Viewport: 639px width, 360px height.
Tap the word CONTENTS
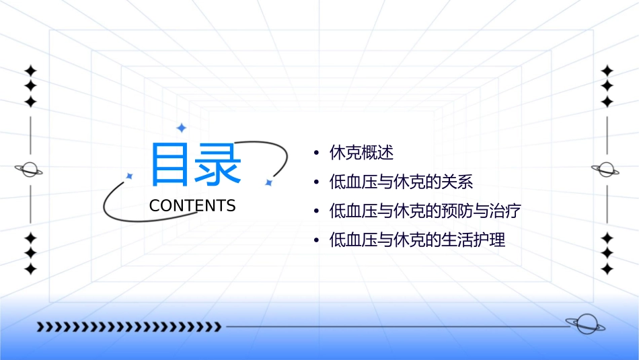tap(192, 206)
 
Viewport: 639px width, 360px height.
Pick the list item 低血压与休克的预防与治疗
tap(425, 211)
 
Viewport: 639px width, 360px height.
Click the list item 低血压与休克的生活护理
tap(417, 240)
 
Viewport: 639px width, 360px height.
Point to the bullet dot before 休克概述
tap(316, 153)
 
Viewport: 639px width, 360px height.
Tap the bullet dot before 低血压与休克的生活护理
tap(316, 240)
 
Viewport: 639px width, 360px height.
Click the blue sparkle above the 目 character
tap(180, 128)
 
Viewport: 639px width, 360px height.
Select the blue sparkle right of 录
tap(268, 182)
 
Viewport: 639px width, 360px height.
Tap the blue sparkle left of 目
tap(130, 176)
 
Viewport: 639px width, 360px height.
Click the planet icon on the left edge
tap(30, 170)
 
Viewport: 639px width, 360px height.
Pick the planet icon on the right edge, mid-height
tap(606, 170)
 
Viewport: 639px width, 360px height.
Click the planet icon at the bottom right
tap(585, 324)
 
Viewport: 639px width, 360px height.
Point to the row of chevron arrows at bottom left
tap(128, 327)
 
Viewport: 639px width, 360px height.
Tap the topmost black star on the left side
tap(30, 71)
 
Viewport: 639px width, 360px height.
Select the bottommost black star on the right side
tap(607, 268)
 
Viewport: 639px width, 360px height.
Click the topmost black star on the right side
tap(607, 71)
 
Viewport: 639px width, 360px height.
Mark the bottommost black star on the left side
tap(30, 268)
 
